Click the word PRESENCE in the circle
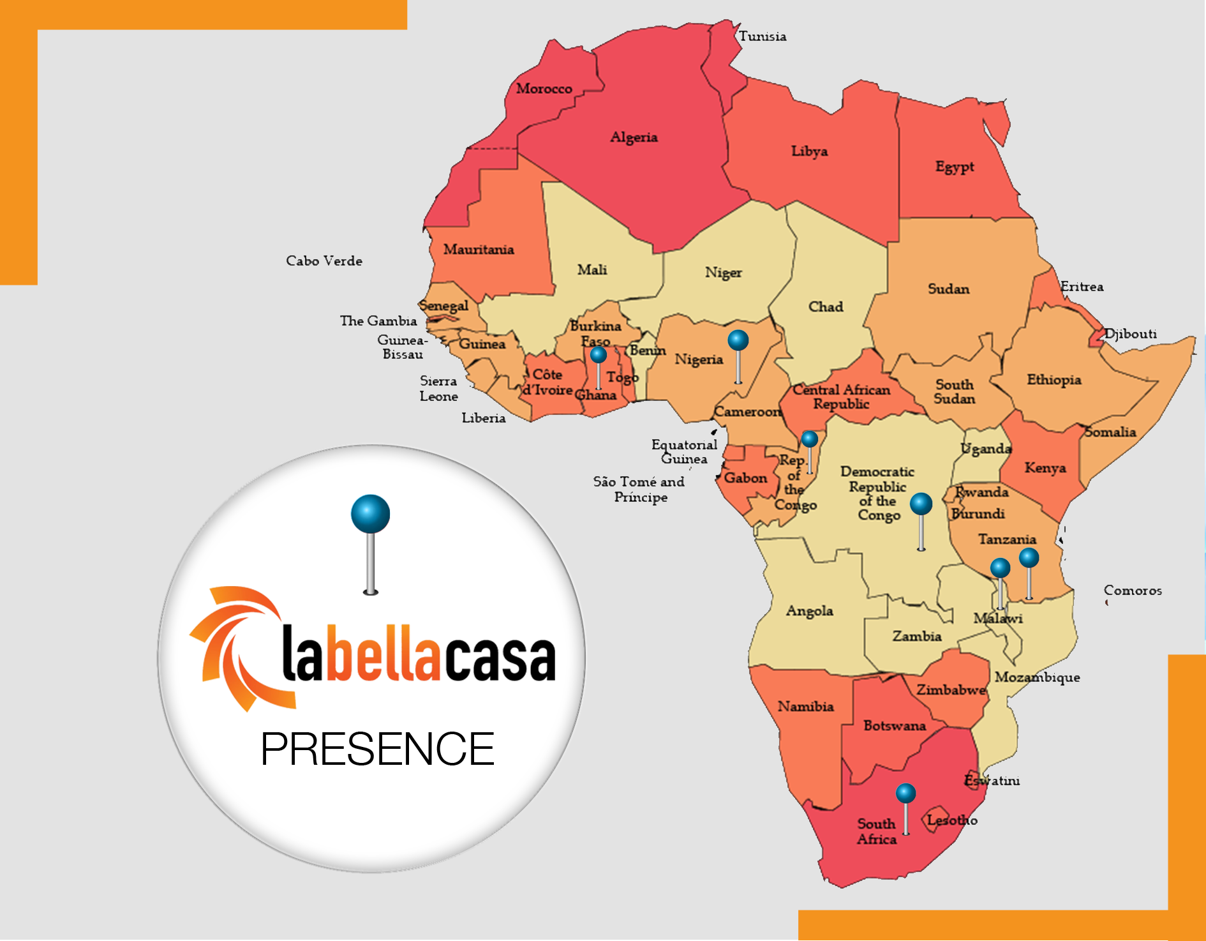(378, 749)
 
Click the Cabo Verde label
(324, 261)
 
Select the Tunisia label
(763, 36)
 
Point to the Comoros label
(1133, 591)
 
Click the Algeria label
(634, 137)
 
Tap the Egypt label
(955, 167)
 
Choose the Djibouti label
(1131, 334)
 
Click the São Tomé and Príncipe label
(639, 490)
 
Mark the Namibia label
(805, 707)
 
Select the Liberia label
(484, 418)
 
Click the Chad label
(826, 307)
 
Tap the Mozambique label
(1037, 677)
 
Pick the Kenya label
(1045, 468)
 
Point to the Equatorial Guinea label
(684, 451)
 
